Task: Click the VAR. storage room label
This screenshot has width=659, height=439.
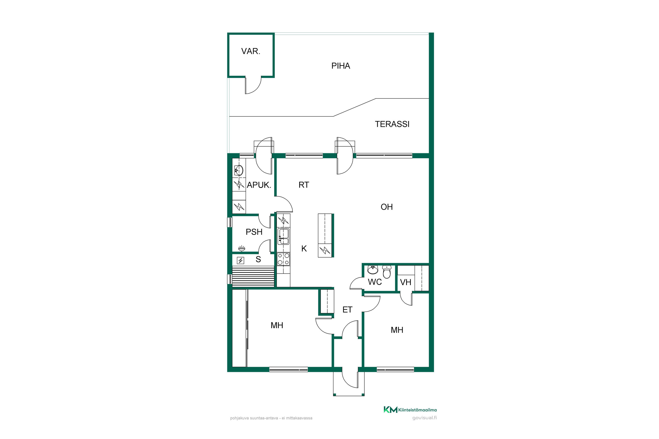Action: point(251,51)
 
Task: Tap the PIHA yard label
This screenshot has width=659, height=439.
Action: point(341,66)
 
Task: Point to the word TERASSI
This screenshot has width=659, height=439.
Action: point(392,124)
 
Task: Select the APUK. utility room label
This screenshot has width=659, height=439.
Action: point(259,185)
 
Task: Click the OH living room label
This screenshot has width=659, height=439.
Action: point(387,207)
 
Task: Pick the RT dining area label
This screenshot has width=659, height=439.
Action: point(304,185)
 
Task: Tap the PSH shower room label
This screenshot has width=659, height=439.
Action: point(254,232)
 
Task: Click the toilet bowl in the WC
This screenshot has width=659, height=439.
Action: point(387,272)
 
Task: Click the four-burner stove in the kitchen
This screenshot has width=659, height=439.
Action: point(283,259)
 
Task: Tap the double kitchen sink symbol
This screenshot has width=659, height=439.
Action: point(283,236)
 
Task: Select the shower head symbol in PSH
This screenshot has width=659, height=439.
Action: point(241,248)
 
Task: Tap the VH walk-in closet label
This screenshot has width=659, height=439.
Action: point(406,282)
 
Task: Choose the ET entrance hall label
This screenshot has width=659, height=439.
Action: point(348,310)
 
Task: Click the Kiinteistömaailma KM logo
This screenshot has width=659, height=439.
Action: point(410,410)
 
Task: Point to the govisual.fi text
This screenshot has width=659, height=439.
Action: point(424,418)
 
